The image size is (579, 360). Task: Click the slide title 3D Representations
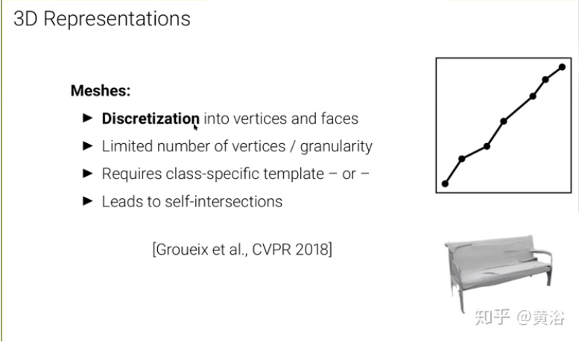(102, 19)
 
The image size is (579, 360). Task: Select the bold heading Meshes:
(101, 91)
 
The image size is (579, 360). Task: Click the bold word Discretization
(151, 119)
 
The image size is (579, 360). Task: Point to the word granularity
(336, 147)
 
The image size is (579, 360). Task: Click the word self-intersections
(224, 201)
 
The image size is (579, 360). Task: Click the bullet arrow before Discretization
(87, 119)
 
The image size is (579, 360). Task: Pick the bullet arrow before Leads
(87, 201)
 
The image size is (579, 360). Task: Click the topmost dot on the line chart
(562, 67)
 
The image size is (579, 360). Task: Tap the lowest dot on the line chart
(446, 183)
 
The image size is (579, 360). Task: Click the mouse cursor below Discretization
(195, 127)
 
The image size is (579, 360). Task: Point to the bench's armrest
(542, 253)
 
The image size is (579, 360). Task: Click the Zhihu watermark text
(519, 317)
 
